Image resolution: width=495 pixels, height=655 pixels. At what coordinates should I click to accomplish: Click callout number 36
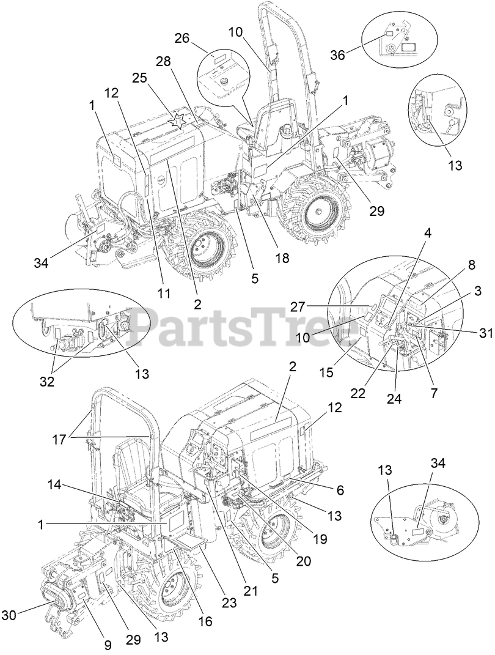(x=338, y=54)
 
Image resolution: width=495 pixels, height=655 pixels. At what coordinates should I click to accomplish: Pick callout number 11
(x=162, y=293)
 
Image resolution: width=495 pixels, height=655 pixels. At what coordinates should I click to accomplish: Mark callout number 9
(x=107, y=644)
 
